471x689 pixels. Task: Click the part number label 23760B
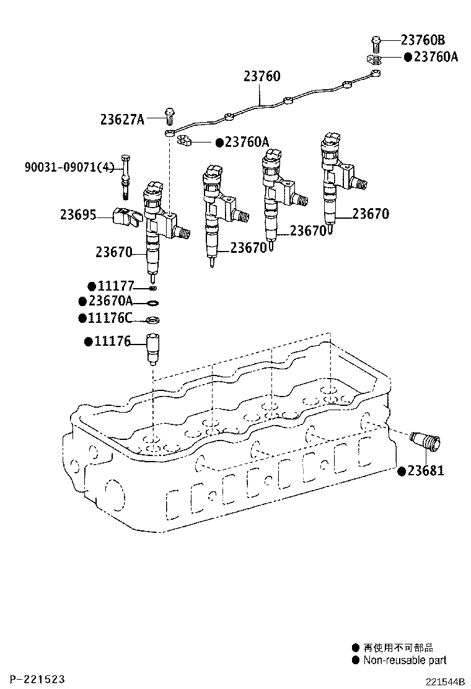click(423, 40)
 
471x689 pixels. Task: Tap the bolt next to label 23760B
click(376, 42)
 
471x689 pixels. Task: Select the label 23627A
click(122, 119)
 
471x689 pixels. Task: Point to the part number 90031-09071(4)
click(69, 167)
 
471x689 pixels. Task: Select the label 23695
click(77, 215)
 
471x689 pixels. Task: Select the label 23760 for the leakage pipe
click(262, 77)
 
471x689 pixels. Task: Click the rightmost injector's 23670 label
click(370, 214)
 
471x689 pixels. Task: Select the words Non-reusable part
click(405, 660)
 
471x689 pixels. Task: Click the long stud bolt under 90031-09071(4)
click(126, 177)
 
